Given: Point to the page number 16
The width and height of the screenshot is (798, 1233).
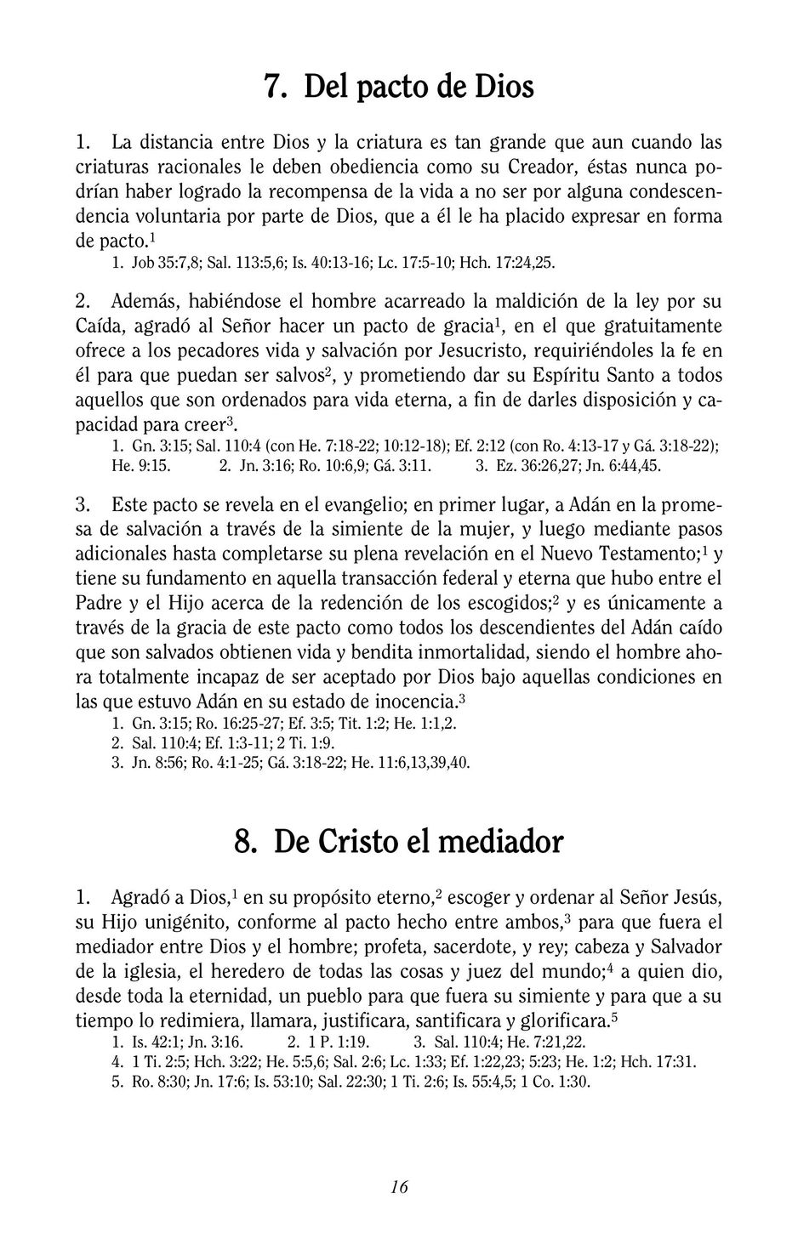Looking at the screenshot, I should (x=399, y=1187).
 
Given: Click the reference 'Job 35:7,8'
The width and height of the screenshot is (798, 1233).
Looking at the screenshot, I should (x=163, y=264).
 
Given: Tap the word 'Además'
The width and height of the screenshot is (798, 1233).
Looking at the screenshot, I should (x=145, y=302).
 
